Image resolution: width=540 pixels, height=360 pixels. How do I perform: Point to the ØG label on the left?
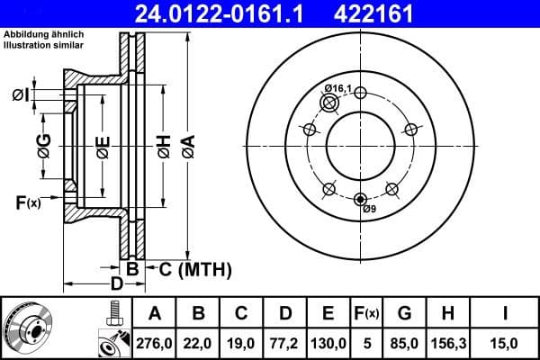pyautogui.click(x=42, y=144)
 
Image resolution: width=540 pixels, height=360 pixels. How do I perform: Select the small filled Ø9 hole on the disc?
pyautogui.click(x=361, y=199)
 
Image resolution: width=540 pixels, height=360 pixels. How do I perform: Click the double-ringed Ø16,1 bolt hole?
pyautogui.click(x=329, y=104)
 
